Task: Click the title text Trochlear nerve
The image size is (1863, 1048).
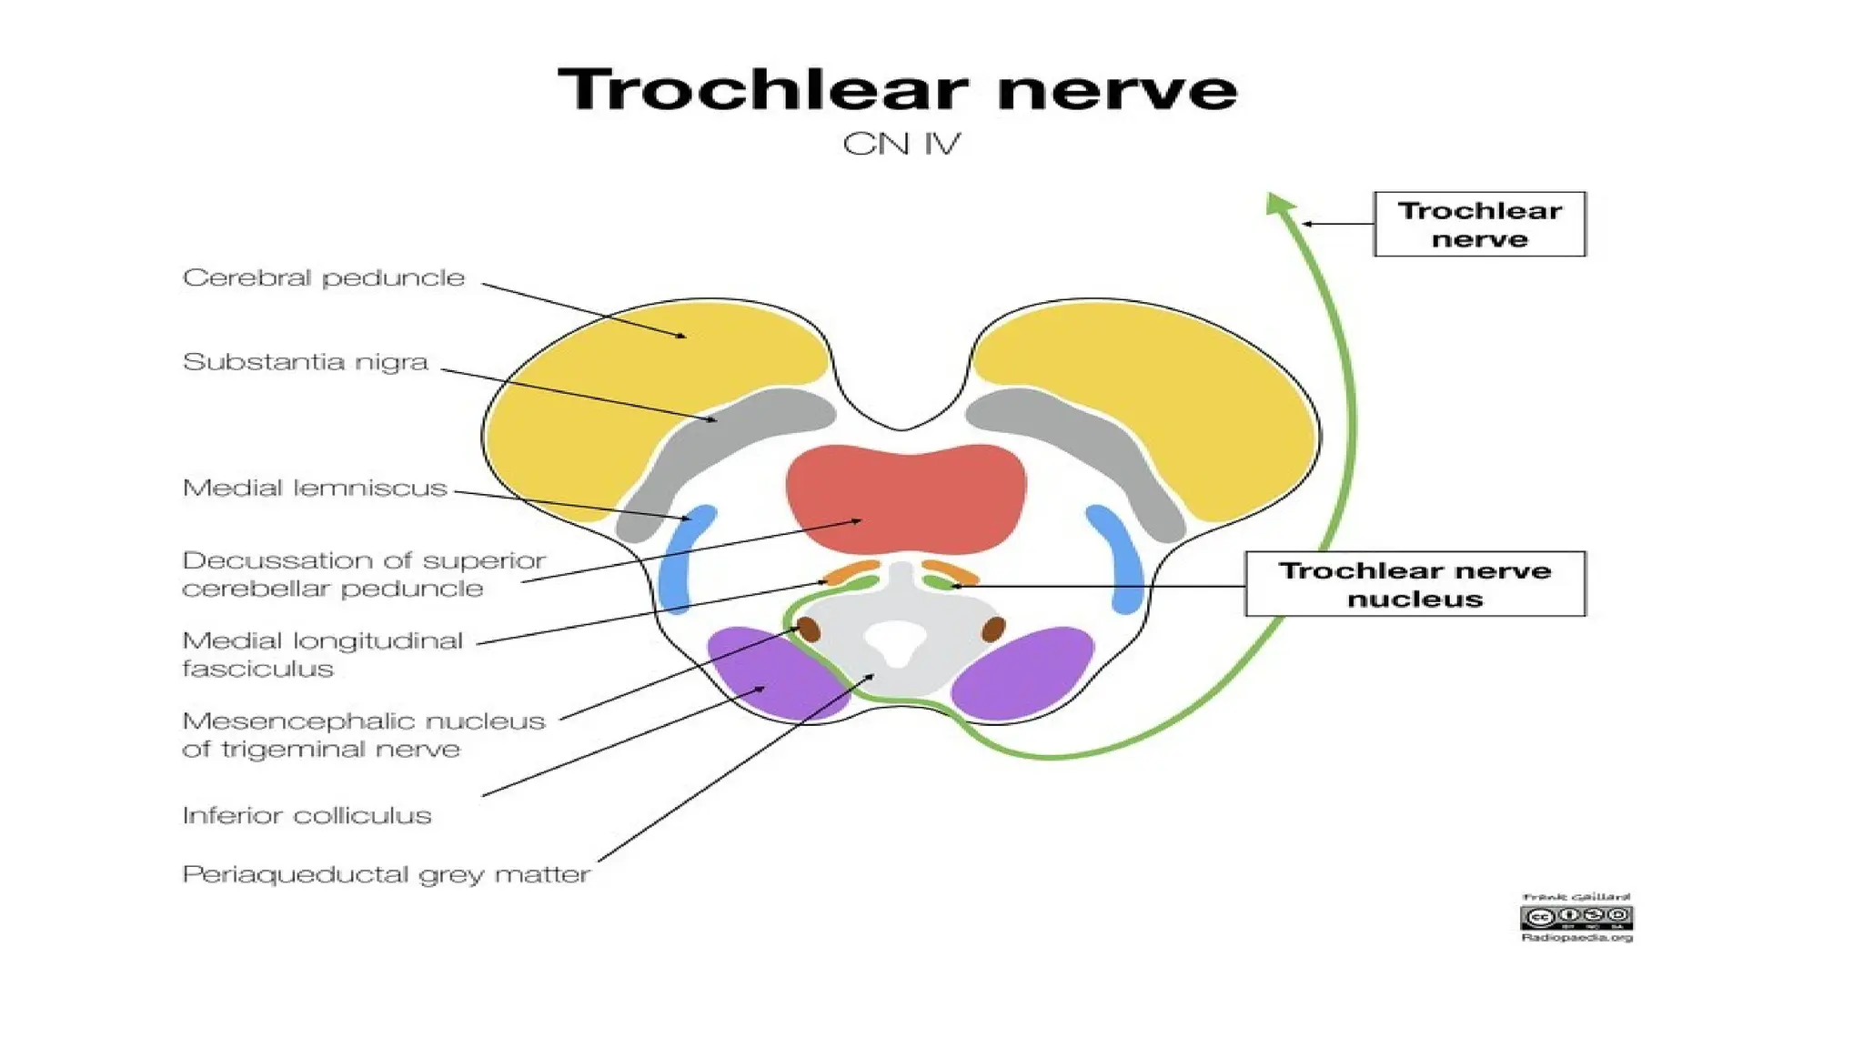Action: (x=898, y=90)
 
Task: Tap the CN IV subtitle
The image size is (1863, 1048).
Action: (x=901, y=144)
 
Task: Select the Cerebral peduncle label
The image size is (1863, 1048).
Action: (x=324, y=277)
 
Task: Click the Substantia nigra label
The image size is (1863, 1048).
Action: (x=305, y=362)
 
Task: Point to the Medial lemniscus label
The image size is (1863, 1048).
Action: (x=315, y=489)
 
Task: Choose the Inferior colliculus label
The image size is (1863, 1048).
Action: (x=307, y=815)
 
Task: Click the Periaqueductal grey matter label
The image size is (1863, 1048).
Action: (x=386, y=874)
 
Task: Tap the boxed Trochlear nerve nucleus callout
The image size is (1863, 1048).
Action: (x=1415, y=584)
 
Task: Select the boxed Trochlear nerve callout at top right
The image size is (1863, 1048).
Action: (x=1479, y=224)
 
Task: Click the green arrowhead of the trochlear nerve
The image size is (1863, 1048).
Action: (x=1279, y=204)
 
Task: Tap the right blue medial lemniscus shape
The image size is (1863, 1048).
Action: (x=1118, y=558)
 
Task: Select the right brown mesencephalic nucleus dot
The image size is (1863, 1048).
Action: (x=993, y=628)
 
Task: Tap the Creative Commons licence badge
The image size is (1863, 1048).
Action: (x=1576, y=917)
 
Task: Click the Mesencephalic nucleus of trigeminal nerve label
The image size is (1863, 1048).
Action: (x=362, y=735)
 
